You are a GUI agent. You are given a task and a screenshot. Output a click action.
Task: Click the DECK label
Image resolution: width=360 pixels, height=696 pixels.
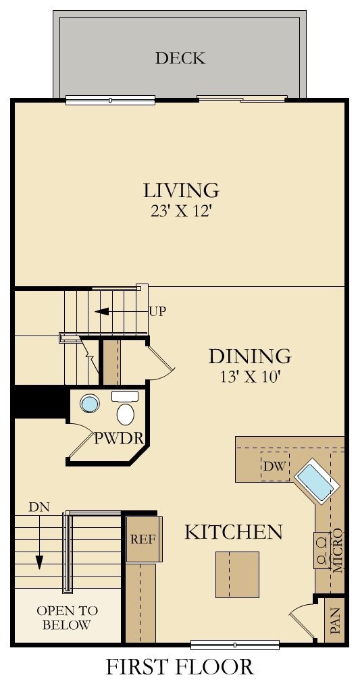click(180, 59)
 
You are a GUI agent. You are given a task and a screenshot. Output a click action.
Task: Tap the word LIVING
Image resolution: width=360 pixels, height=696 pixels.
click(180, 190)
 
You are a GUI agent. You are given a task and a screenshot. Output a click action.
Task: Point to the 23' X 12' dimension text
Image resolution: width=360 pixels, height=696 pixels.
click(180, 211)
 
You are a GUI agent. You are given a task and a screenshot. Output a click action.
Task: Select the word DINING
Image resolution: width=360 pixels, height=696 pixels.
click(249, 356)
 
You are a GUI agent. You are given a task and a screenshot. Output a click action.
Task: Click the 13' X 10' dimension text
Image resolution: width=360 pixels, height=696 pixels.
click(249, 377)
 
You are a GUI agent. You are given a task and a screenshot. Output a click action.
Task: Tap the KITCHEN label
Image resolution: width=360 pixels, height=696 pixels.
click(233, 532)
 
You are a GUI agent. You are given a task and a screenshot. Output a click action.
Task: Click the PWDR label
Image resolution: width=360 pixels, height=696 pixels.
click(119, 438)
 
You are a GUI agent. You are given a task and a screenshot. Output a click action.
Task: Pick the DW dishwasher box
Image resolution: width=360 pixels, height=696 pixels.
click(274, 466)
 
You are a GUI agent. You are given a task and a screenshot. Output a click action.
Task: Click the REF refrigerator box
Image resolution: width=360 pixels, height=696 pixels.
click(143, 539)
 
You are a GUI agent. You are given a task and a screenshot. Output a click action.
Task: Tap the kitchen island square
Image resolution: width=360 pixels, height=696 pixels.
click(237, 574)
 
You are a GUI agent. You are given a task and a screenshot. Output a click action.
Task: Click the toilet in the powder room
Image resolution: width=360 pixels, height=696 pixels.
click(126, 412)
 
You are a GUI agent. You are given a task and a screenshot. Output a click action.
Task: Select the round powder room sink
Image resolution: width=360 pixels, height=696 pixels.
click(90, 404)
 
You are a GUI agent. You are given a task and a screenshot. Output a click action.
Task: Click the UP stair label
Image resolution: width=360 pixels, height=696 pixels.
click(157, 312)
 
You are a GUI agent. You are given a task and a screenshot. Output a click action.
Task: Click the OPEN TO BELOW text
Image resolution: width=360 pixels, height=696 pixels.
click(67, 618)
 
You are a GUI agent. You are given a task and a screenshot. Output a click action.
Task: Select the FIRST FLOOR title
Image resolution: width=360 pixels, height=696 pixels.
click(180, 667)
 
